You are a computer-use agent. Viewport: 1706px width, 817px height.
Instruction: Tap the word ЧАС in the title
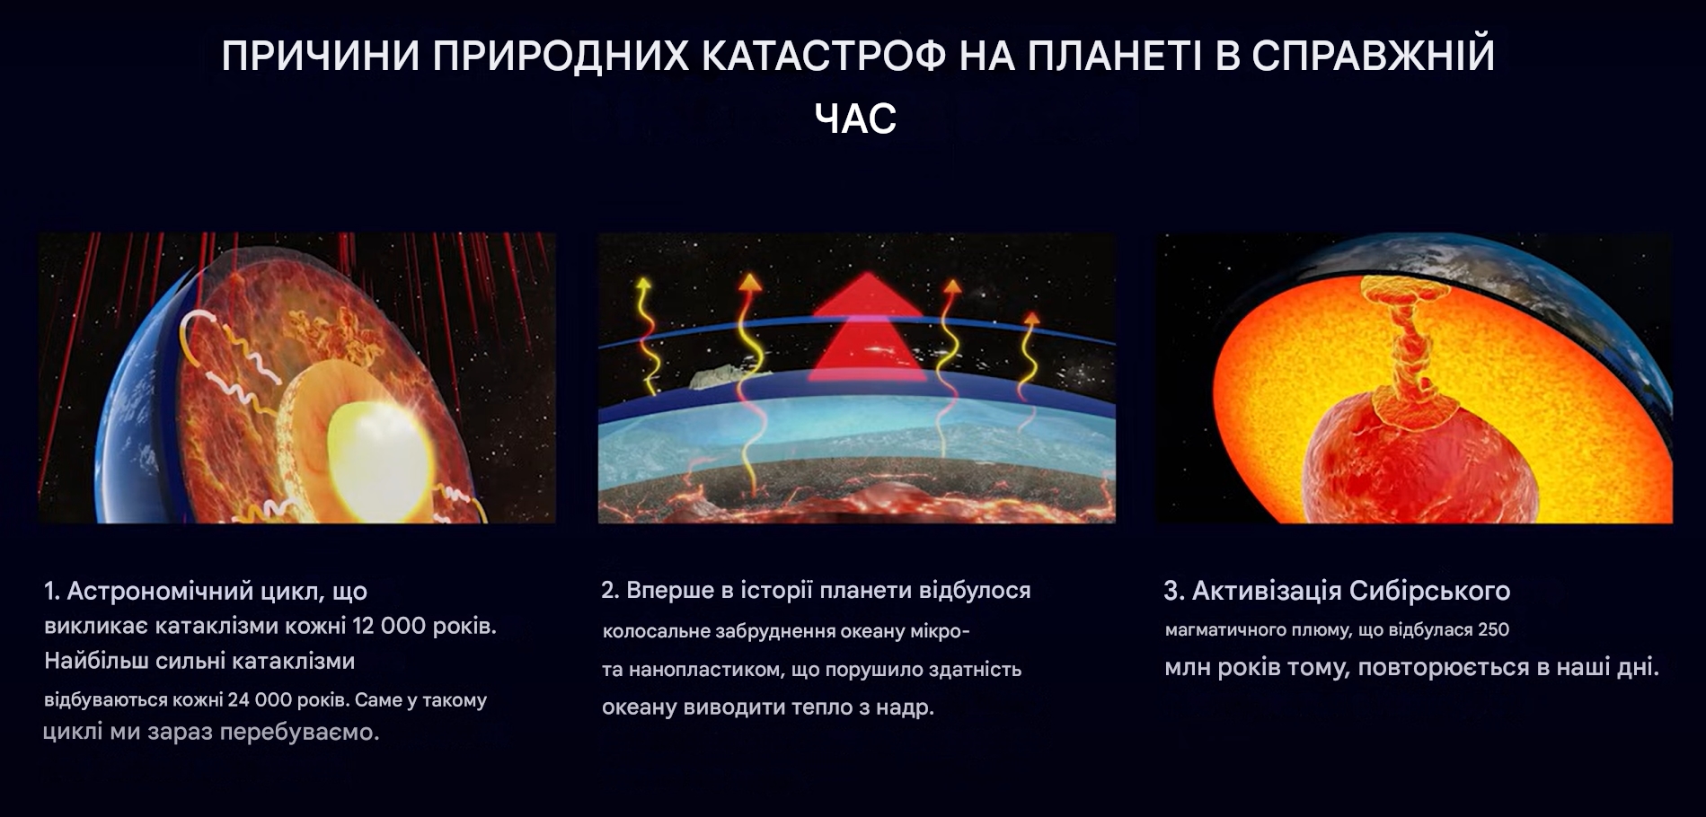click(855, 119)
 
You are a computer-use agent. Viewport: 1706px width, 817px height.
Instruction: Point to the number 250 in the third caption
click(1493, 629)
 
